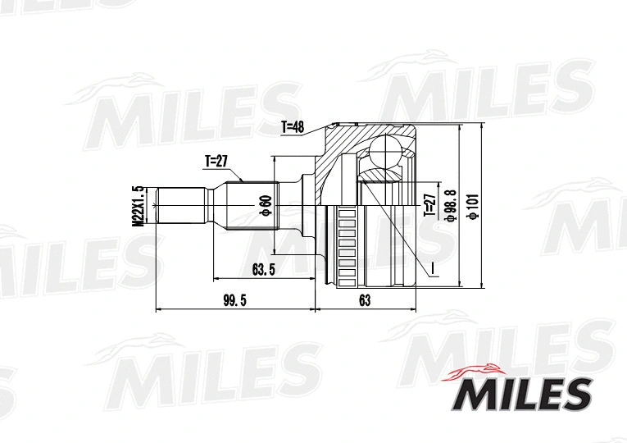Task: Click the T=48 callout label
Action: (293, 127)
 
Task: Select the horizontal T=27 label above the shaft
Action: (216, 162)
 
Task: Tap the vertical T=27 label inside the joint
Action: (428, 205)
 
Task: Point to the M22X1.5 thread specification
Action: (139, 205)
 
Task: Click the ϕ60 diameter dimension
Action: (265, 205)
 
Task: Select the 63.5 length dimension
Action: (263, 268)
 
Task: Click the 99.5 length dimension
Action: (234, 301)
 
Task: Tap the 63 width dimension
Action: (365, 301)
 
